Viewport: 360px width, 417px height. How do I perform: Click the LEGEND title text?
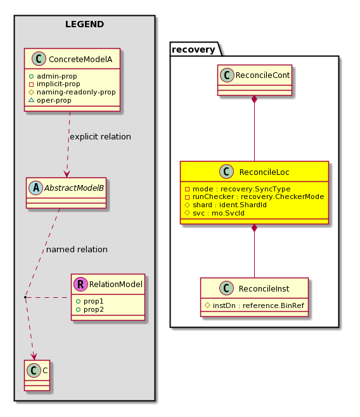coord(84,24)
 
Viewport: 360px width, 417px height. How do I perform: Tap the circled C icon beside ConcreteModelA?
coord(39,59)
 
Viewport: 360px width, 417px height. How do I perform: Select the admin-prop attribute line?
coord(53,76)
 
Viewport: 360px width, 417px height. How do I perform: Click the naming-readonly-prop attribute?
coord(72,93)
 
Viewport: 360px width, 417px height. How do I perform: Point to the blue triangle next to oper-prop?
coord(32,100)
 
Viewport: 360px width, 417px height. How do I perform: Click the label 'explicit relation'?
coord(100,137)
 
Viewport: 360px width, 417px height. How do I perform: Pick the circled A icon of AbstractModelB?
coord(36,188)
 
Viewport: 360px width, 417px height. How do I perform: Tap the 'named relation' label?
coord(77,250)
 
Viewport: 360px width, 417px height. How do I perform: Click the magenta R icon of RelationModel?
coord(80,284)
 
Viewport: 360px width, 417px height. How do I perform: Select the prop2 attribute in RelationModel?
coord(90,309)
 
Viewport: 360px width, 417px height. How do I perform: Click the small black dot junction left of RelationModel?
coord(25,297)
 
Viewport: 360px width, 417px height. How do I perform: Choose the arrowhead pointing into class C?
coord(34,356)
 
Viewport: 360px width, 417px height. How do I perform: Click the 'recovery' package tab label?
coord(193,49)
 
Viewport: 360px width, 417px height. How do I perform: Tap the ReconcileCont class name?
coord(262,75)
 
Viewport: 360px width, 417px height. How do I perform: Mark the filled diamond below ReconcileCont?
coord(254,99)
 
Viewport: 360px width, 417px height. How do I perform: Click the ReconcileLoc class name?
coord(264,172)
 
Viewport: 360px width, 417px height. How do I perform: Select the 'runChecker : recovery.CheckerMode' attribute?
coord(255,197)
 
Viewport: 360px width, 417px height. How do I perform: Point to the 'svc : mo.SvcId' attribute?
coord(215,213)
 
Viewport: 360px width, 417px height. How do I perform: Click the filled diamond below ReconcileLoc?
coord(254,228)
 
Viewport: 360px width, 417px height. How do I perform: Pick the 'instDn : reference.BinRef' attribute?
coord(255,305)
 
